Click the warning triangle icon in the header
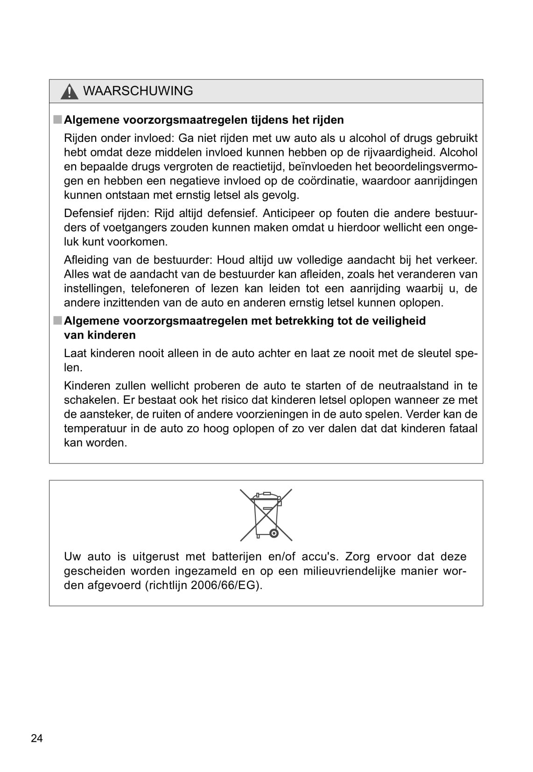click(x=69, y=91)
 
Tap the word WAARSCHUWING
click(x=138, y=91)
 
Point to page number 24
click(x=36, y=738)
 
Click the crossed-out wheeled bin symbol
click(x=266, y=515)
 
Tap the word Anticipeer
click(x=290, y=213)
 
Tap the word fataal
click(x=463, y=428)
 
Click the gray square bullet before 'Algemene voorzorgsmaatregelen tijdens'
click(x=57, y=119)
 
